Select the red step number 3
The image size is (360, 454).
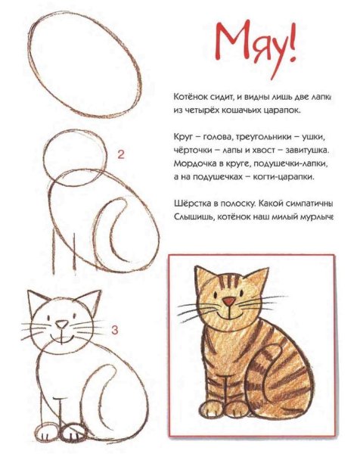coord(114,330)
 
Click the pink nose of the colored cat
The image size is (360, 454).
coord(228,303)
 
